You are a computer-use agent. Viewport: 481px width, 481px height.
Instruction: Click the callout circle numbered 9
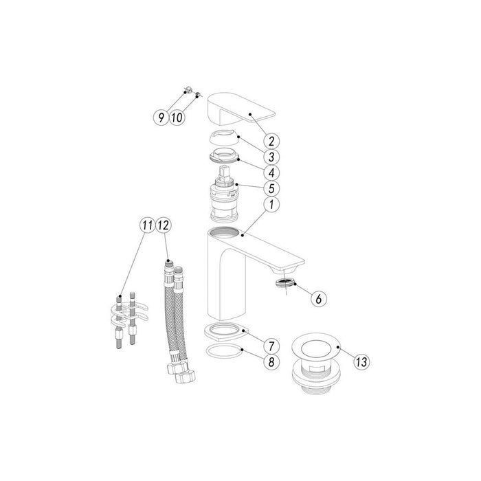160,118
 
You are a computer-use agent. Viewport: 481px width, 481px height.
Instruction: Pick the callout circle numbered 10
176,118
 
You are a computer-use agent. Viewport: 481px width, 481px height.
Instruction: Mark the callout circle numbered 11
146,225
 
